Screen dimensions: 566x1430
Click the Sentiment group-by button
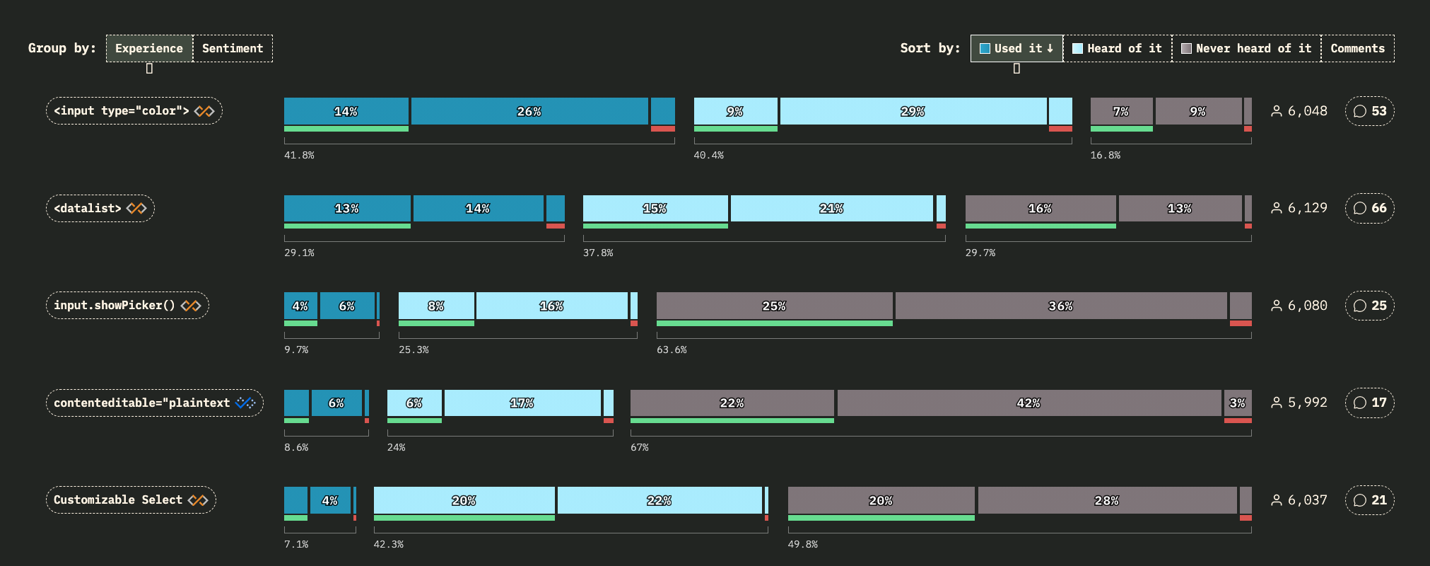(233, 48)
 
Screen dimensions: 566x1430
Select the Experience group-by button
(149, 48)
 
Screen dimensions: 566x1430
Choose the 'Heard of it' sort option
(1117, 48)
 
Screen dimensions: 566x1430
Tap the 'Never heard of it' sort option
(1246, 48)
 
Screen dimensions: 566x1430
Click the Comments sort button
(1357, 48)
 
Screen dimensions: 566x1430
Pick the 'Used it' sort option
(1016, 48)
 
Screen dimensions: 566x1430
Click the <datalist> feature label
(100, 208)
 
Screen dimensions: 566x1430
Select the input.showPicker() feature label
(127, 306)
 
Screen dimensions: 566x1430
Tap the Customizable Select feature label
(131, 500)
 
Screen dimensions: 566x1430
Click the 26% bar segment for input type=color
(529, 111)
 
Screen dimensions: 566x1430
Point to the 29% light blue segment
(913, 111)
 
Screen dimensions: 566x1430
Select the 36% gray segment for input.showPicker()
(1060, 306)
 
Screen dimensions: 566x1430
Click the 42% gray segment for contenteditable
(1028, 403)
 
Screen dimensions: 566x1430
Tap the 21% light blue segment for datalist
(831, 208)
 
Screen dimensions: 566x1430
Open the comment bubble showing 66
(1369, 208)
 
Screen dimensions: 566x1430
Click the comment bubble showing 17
(1369, 403)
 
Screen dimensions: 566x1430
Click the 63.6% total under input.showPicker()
(672, 350)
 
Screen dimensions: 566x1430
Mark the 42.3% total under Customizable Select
(389, 544)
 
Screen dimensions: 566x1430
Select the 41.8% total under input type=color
(299, 155)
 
